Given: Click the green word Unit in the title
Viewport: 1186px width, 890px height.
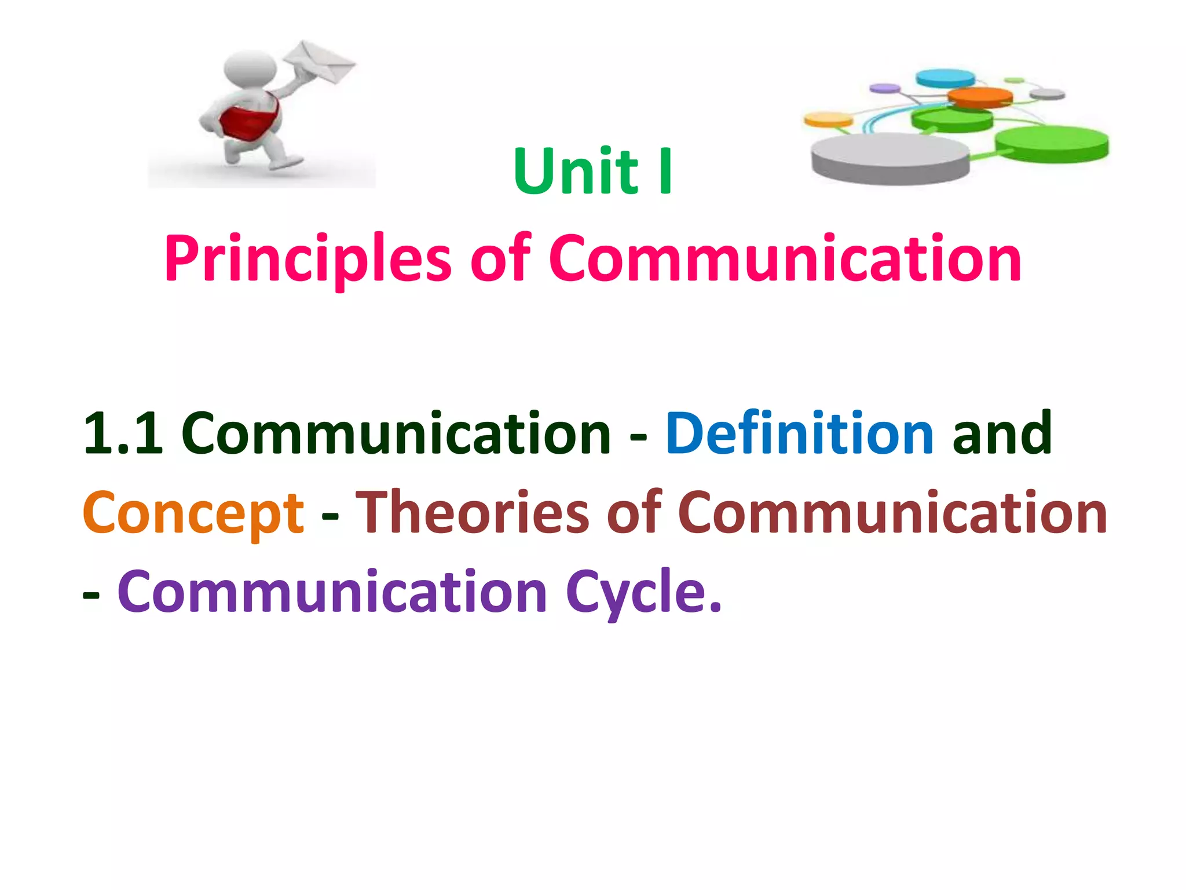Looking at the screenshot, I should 576,172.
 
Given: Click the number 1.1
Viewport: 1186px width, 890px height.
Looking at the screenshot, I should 123,433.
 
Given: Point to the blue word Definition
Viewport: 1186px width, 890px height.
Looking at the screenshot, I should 799,433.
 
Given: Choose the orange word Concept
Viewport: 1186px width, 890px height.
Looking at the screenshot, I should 193,513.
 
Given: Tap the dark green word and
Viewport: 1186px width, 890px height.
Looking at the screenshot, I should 1002,433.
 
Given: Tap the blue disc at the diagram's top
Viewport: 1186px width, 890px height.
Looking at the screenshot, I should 945,78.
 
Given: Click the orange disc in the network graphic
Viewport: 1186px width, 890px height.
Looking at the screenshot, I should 980,97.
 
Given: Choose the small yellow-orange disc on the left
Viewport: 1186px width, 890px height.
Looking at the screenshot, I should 828,120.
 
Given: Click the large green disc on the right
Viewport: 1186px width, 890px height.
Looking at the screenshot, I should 1052,143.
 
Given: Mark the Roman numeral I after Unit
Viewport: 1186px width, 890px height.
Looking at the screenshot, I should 666,172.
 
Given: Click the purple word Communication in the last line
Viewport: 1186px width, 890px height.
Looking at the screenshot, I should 332,592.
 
